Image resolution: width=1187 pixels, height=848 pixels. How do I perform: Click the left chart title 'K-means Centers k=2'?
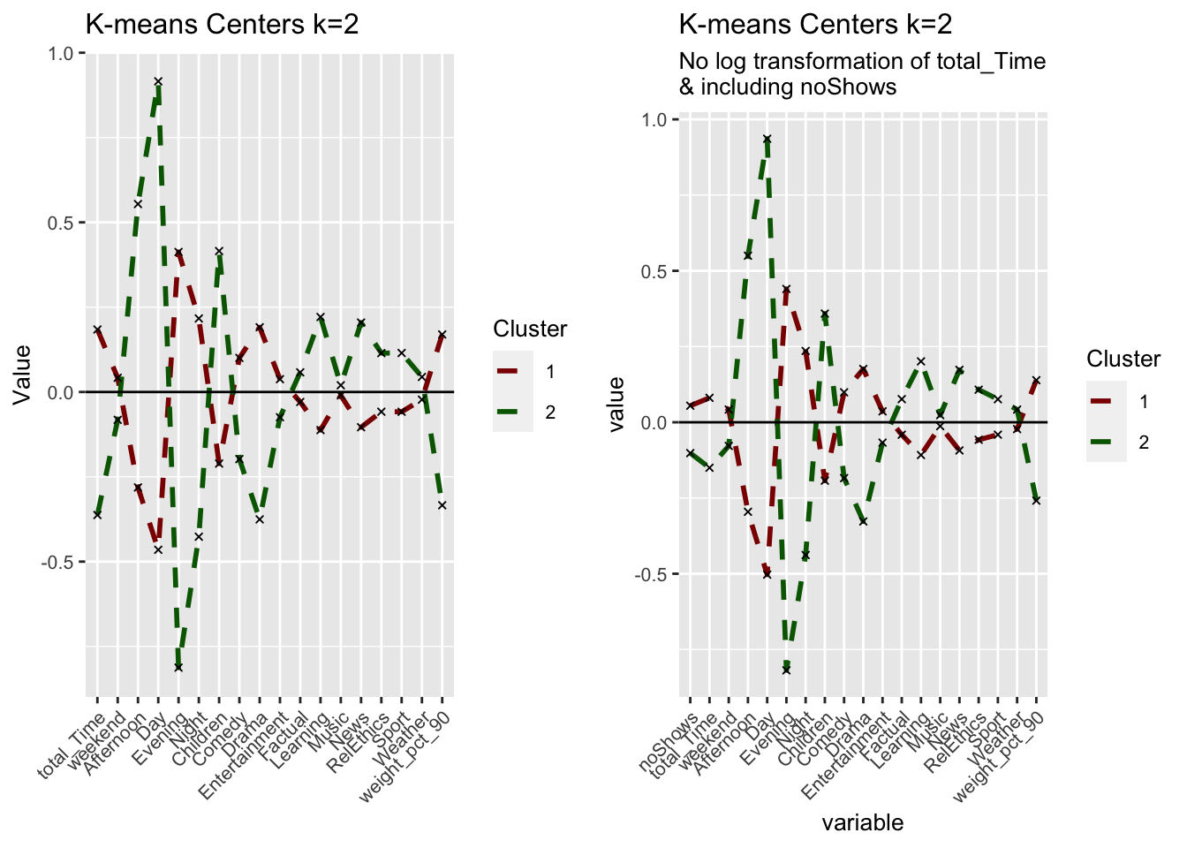[222, 24]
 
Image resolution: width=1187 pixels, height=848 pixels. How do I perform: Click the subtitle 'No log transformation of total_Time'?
[862, 61]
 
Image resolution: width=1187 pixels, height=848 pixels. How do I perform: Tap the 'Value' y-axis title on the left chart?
[23, 374]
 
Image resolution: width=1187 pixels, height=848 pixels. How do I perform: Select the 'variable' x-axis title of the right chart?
[863, 822]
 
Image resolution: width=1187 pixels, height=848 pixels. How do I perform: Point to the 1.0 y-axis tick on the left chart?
[62, 53]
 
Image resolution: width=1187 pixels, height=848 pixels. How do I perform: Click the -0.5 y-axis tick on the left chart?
[58, 562]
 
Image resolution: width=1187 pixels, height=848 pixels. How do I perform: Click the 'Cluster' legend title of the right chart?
[1123, 359]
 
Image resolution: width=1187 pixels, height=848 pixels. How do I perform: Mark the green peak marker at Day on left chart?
[158, 81]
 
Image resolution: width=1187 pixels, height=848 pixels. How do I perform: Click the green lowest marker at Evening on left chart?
[178, 667]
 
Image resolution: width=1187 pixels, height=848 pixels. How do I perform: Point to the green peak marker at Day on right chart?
[767, 139]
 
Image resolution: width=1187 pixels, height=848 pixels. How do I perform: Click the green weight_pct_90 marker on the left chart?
[442, 505]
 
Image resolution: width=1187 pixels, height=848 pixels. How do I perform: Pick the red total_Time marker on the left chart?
[97, 329]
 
